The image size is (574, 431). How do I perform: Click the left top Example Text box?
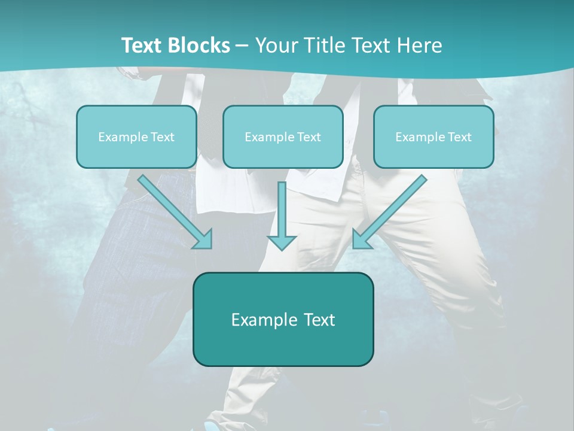tap(136, 136)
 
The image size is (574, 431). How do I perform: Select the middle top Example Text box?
tap(283, 136)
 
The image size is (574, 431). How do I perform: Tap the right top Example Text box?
tap(433, 136)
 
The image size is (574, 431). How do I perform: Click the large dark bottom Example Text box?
tap(283, 319)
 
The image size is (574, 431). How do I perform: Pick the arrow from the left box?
tap(173, 211)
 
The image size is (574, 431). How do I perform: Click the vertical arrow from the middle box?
tap(282, 213)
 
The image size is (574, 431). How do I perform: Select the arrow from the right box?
tap(391, 211)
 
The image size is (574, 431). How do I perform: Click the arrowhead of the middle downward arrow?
tap(282, 242)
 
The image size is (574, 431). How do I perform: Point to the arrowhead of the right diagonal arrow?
tap(361, 239)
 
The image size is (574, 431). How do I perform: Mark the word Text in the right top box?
tap(460, 137)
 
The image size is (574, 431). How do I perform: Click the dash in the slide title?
tap(242, 46)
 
